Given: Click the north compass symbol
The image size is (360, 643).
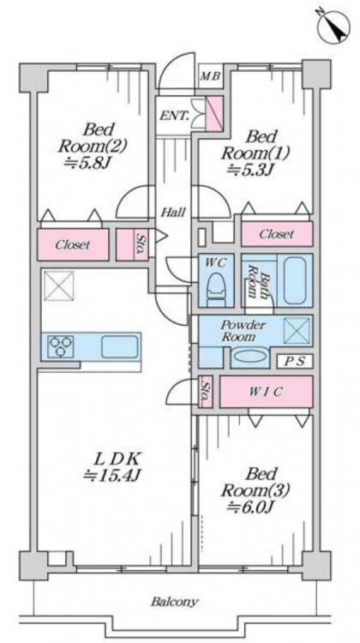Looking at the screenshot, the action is [x=333, y=26].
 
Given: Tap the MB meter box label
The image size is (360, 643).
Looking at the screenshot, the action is [x=211, y=76].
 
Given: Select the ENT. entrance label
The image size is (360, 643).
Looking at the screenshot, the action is [x=174, y=116].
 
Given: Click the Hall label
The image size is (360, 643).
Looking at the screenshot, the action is [x=172, y=213].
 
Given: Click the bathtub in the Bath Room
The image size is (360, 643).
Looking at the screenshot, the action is [x=295, y=280].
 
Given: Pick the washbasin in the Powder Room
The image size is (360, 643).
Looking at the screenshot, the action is [x=249, y=356].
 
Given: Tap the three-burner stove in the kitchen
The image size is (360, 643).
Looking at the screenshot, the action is [x=61, y=346].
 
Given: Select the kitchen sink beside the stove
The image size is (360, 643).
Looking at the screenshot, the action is [x=119, y=346].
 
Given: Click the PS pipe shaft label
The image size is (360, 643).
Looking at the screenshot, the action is [x=295, y=362].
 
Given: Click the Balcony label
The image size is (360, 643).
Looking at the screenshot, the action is [x=175, y=602].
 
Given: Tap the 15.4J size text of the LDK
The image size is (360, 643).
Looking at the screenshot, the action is [x=112, y=475].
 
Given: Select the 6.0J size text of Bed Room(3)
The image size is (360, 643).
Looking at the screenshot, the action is [x=250, y=507].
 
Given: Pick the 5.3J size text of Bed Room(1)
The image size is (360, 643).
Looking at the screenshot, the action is [x=249, y=169].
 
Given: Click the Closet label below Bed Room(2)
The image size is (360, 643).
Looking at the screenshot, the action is [x=73, y=245].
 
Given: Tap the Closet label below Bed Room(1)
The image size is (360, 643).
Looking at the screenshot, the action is [x=277, y=234].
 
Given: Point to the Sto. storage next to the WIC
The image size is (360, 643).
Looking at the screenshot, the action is [x=206, y=391].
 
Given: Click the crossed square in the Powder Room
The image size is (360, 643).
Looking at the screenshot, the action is [x=297, y=331].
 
